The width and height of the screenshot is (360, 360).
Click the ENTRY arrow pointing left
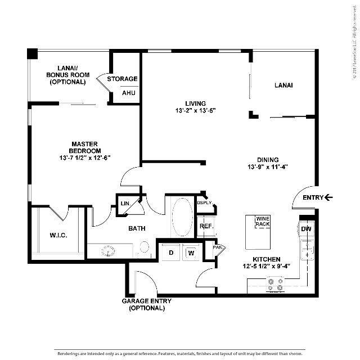pyautogui.click(x=330, y=197)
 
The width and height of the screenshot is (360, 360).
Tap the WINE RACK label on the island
pyautogui.click(x=263, y=222)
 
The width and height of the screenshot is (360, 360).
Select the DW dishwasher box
pyautogui.click(x=306, y=229)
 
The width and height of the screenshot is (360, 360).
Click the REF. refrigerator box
pyautogui.click(x=205, y=226)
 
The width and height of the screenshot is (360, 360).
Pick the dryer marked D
pyautogui.click(x=171, y=253)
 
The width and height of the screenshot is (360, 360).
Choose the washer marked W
pyautogui.click(x=191, y=253)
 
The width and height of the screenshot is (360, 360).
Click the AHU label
pyautogui.click(x=129, y=93)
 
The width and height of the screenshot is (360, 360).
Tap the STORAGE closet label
pyautogui.click(x=123, y=79)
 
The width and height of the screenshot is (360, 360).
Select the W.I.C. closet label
pyautogui.click(x=58, y=235)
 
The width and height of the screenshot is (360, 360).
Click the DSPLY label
pyautogui.click(x=204, y=203)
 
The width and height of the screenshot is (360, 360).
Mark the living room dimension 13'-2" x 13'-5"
pyautogui.click(x=196, y=111)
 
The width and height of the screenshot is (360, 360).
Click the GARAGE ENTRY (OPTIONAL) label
pyautogui.click(x=147, y=305)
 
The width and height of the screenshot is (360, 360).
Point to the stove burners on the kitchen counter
pyautogui.click(x=276, y=287)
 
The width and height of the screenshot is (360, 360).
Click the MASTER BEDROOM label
pyautogui.click(x=85, y=147)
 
